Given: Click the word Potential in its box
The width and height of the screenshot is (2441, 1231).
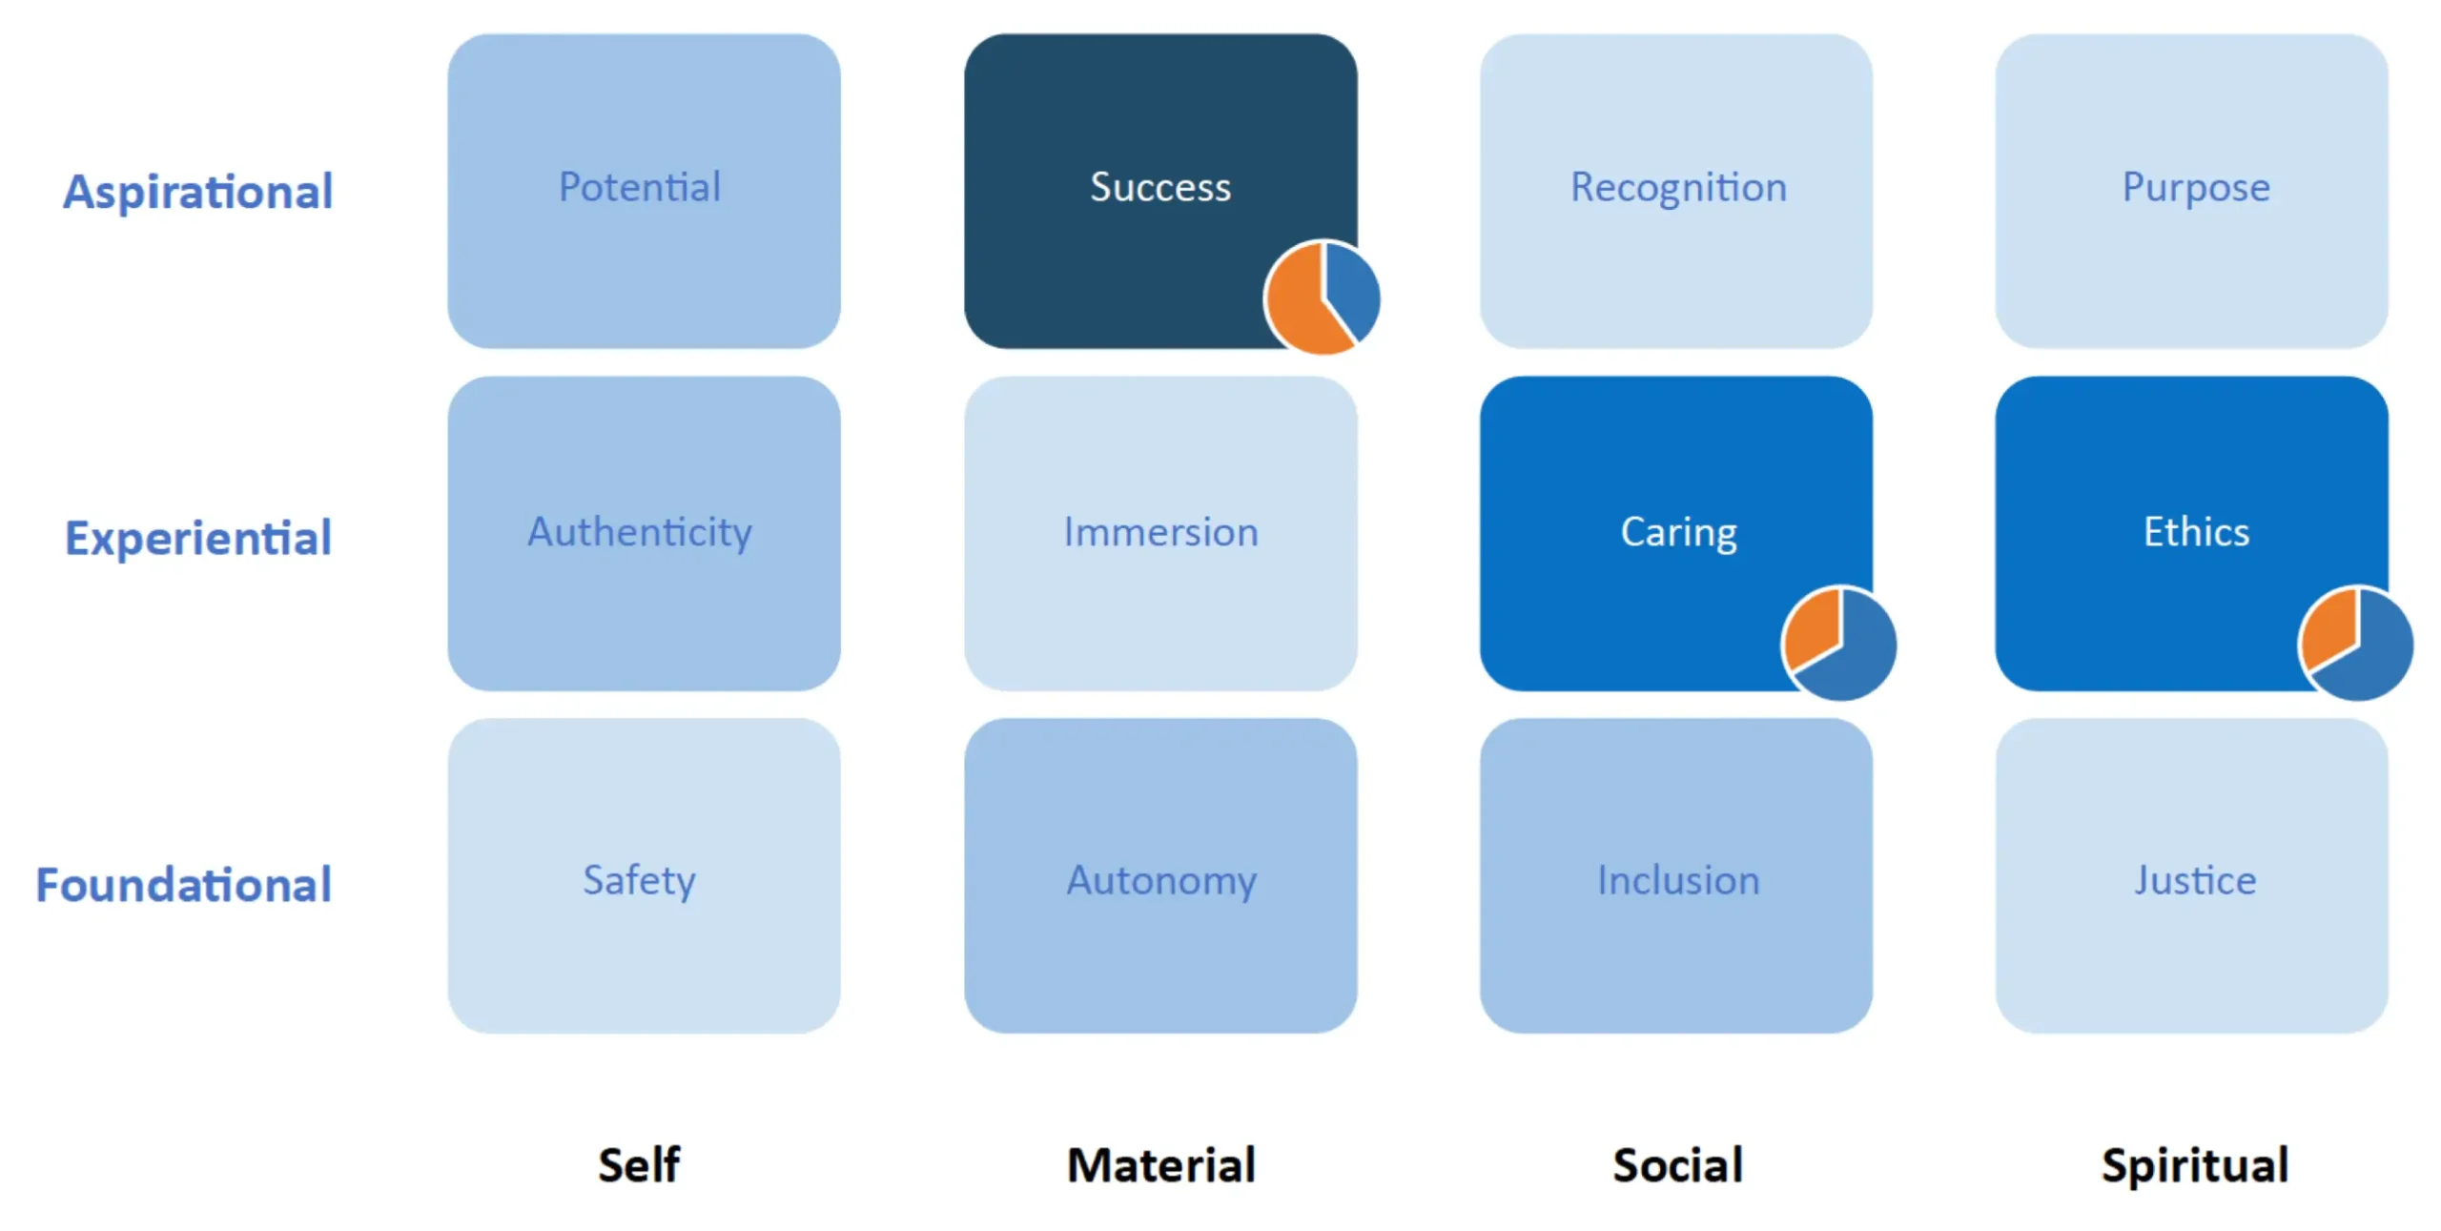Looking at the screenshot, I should point(639,187).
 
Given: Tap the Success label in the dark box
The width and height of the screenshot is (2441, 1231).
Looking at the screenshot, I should point(1159,187).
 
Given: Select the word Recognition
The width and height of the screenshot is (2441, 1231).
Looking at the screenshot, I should point(1677,187).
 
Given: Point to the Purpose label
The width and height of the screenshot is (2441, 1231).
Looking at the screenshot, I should point(2195,187).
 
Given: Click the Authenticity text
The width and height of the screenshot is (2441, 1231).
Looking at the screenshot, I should point(639,532).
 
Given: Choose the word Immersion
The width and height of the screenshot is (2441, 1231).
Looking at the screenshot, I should point(1159,532).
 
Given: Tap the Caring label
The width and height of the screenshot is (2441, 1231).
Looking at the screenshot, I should point(1677,532).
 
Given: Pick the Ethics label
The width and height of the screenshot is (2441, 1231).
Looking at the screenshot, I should point(2195,531).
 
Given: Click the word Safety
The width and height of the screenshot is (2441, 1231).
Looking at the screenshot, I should point(639,880).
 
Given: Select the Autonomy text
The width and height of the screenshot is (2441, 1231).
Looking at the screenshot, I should point(1160,880).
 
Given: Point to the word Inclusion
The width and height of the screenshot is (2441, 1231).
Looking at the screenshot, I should point(1677,880).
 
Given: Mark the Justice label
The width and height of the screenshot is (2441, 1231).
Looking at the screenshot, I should point(2194,880).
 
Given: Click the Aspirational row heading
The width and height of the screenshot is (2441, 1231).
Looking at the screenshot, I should point(198,192).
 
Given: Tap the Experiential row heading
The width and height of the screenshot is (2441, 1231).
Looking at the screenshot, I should point(198,538).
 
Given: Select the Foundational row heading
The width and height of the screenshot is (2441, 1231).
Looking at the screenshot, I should point(184,885).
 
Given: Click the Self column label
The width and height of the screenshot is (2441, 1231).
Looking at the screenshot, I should point(639,1164).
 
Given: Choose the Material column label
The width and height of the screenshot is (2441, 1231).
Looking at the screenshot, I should point(1160,1164).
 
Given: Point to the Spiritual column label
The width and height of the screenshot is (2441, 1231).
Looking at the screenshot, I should point(2194,1164).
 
